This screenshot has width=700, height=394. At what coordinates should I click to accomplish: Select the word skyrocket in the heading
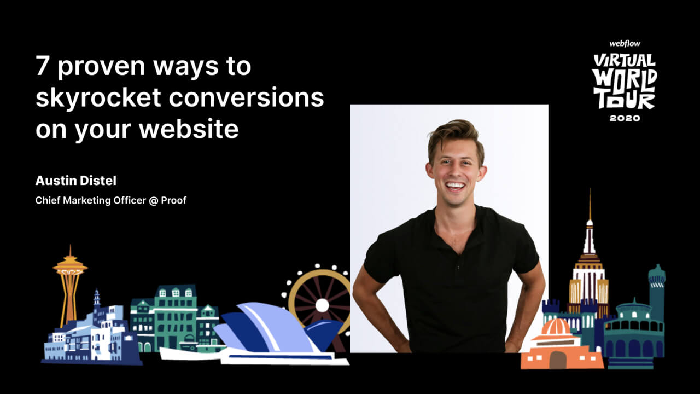98,98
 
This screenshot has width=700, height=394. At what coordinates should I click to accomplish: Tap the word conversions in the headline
246,97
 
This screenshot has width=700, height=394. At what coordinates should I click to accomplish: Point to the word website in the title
189,129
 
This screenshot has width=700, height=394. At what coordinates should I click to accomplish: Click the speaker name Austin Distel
76,181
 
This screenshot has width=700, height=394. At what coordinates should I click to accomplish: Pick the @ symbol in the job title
154,200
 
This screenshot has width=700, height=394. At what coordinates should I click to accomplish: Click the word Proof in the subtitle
173,200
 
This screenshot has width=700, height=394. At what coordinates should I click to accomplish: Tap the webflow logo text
625,44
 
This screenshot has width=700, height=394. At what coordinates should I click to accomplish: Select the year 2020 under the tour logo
625,118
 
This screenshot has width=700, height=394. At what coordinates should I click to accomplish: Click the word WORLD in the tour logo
625,80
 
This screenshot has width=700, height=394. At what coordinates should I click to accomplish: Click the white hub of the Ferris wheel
322,305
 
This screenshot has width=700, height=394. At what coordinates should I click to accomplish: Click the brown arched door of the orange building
557,360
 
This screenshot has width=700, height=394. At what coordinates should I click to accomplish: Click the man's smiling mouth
456,186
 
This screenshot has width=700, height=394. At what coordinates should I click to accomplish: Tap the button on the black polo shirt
458,268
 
